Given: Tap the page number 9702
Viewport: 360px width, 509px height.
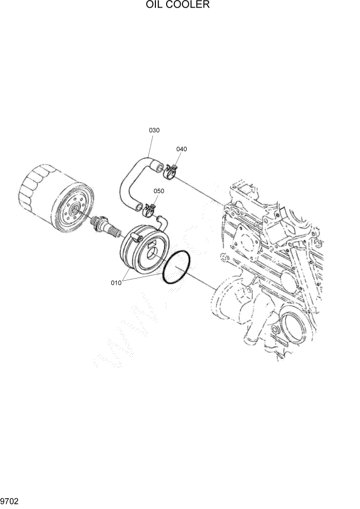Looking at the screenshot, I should [10, 500].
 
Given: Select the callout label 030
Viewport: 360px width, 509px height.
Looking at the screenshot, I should [154, 130].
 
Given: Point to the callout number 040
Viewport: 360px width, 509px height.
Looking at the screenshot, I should [182, 149].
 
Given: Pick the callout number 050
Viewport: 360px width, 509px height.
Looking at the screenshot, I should [159, 191].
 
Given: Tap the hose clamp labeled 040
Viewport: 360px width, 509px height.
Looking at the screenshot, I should [171, 171].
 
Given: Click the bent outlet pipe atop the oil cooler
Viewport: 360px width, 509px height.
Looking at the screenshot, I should [162, 221].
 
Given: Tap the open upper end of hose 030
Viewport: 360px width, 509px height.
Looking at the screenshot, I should [159, 167].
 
